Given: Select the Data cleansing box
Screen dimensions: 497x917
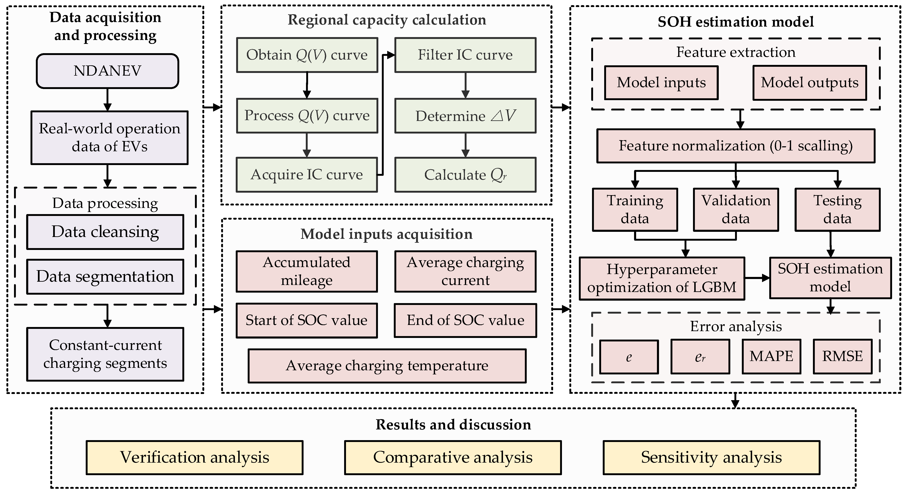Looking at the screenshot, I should pyautogui.click(x=105, y=232).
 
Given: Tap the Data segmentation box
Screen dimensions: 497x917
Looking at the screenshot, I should pyautogui.click(x=105, y=277).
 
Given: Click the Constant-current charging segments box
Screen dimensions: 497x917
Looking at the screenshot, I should pyautogui.click(x=105, y=354).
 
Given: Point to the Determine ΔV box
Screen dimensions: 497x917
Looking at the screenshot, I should pyautogui.click(x=465, y=116).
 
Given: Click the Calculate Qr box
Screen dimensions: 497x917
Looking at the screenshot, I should pyautogui.click(x=465, y=175).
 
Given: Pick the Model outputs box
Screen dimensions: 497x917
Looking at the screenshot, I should pyautogui.click(x=809, y=83).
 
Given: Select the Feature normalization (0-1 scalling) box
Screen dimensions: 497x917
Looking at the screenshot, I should pyautogui.click(x=735, y=146).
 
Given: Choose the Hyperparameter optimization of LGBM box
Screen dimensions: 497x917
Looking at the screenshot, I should pyautogui.click(x=662, y=278).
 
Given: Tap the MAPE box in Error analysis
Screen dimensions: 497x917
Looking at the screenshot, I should pyautogui.click(x=771, y=356).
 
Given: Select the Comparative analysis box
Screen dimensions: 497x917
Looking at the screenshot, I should pyautogui.click(x=453, y=457).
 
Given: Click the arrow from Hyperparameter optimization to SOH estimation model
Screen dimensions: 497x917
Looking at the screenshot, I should pyautogui.click(x=757, y=278).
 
